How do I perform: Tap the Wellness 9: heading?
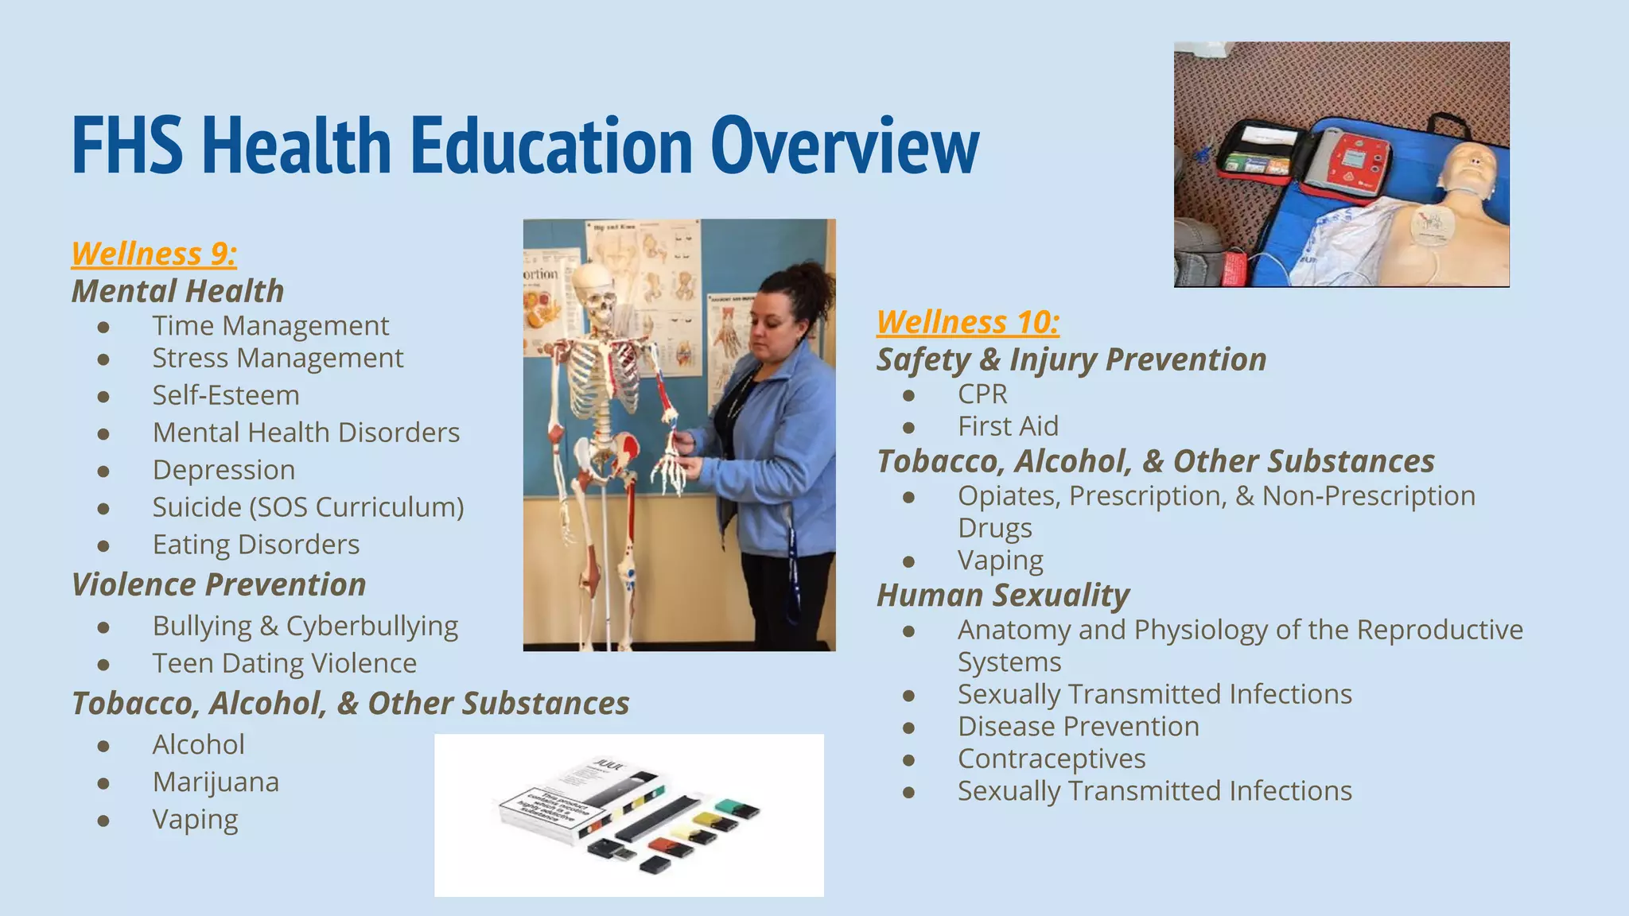[154, 254]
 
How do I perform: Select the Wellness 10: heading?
[968, 322]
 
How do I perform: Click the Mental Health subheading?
[178, 291]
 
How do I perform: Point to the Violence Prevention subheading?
[219, 584]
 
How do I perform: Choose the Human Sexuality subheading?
[1003, 595]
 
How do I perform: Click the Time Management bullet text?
[270, 325]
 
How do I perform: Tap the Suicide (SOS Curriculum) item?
[308, 507]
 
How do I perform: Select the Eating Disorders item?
[256, 544]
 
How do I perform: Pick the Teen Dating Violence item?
[285, 663]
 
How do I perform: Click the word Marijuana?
[216, 782]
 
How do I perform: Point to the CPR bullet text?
[982, 394]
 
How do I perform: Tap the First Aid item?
[1008, 426]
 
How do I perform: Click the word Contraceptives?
[1052, 759]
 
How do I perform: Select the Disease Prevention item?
[1079, 726]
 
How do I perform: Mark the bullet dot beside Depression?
[103, 471]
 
